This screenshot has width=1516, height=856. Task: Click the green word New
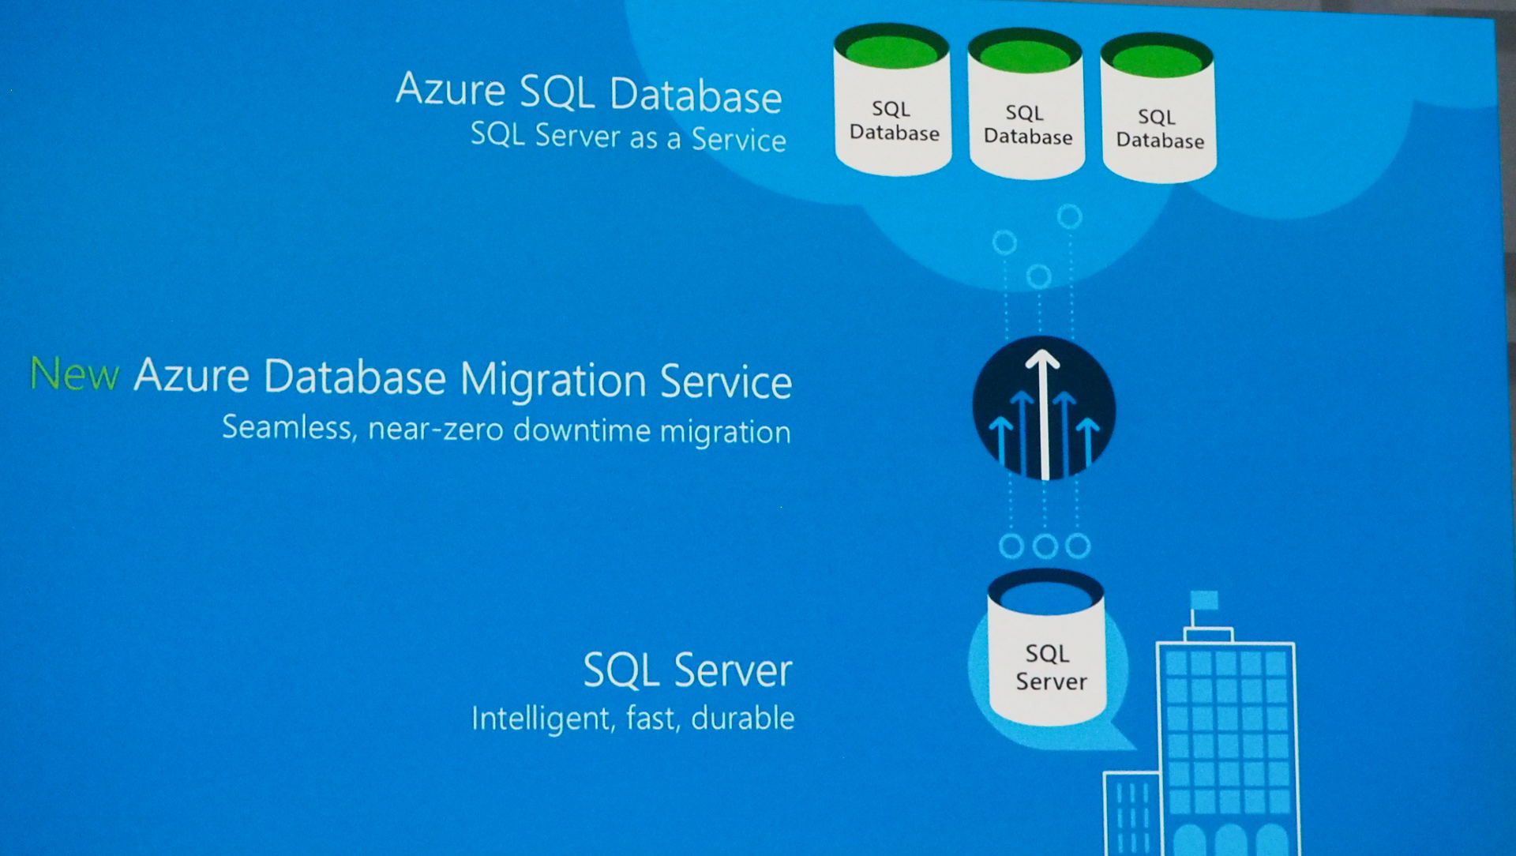point(75,374)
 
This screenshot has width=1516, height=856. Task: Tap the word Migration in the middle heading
point(553,380)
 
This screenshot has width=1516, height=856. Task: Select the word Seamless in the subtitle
point(289,427)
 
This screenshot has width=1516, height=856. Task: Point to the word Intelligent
point(542,719)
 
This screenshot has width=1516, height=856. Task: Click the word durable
point(742,719)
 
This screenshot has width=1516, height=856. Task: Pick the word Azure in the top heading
point(450,89)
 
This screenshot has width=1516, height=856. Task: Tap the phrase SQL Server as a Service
point(628,137)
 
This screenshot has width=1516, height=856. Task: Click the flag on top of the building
point(1205,600)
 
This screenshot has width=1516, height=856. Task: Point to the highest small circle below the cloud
point(1070,216)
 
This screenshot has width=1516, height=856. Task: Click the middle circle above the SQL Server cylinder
point(1045,546)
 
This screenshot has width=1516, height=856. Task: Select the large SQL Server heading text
point(687,670)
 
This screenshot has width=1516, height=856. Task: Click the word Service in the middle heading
point(726,381)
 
